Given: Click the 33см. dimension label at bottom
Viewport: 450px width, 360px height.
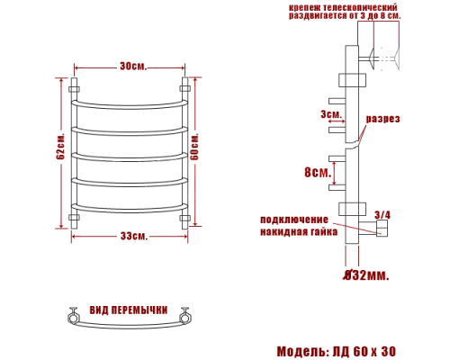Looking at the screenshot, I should pos(131,236).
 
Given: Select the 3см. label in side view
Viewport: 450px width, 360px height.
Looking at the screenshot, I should pos(330,114).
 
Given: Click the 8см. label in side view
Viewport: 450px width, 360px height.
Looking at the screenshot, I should pos(316,172).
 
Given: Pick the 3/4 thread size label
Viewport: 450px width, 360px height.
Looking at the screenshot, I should pos(382,214).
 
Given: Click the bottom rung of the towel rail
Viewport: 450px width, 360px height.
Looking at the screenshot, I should pos(131,206).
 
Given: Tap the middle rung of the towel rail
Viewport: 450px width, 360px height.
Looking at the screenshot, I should pos(131,155).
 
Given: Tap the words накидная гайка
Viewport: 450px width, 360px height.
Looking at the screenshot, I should pos(299,231).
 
